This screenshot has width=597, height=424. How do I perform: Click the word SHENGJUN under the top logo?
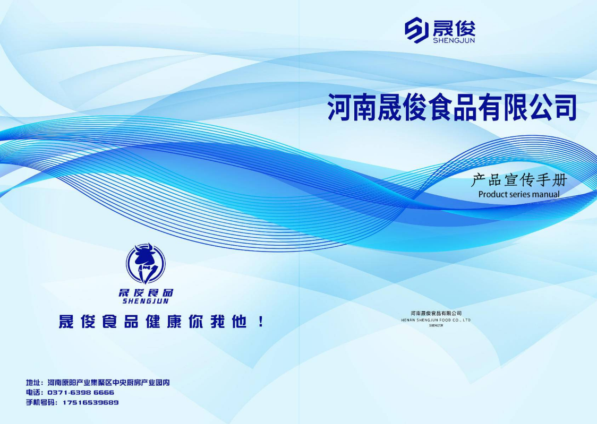(454, 40)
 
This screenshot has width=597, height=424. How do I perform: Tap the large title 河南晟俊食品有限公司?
(452, 107)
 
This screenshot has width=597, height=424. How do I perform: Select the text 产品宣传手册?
(519, 180)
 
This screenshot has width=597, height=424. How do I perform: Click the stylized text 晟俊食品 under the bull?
(146, 293)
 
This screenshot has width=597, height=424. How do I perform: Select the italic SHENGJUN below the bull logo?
(146, 301)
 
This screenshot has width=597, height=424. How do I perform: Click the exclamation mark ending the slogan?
(261, 322)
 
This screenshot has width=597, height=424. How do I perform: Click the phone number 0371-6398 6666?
(81, 393)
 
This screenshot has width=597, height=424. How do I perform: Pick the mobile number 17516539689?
(91, 402)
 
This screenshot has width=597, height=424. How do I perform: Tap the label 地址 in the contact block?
(33, 383)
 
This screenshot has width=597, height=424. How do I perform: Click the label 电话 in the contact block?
(33, 393)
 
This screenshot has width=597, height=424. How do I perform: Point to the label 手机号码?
(40, 402)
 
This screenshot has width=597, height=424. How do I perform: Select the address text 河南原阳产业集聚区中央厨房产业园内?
(108, 383)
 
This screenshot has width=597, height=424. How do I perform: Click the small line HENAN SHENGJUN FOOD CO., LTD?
(436, 320)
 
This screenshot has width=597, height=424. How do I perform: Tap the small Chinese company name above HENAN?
(436, 313)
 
